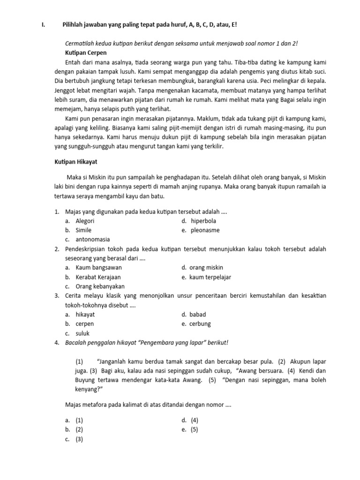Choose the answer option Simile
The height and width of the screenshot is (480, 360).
coord(83,230)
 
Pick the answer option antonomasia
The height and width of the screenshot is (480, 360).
coord(93,240)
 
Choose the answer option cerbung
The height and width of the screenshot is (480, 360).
coord(200,324)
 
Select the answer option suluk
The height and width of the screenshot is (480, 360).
coord(82,333)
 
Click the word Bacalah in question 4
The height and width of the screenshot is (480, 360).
coord(75,343)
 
